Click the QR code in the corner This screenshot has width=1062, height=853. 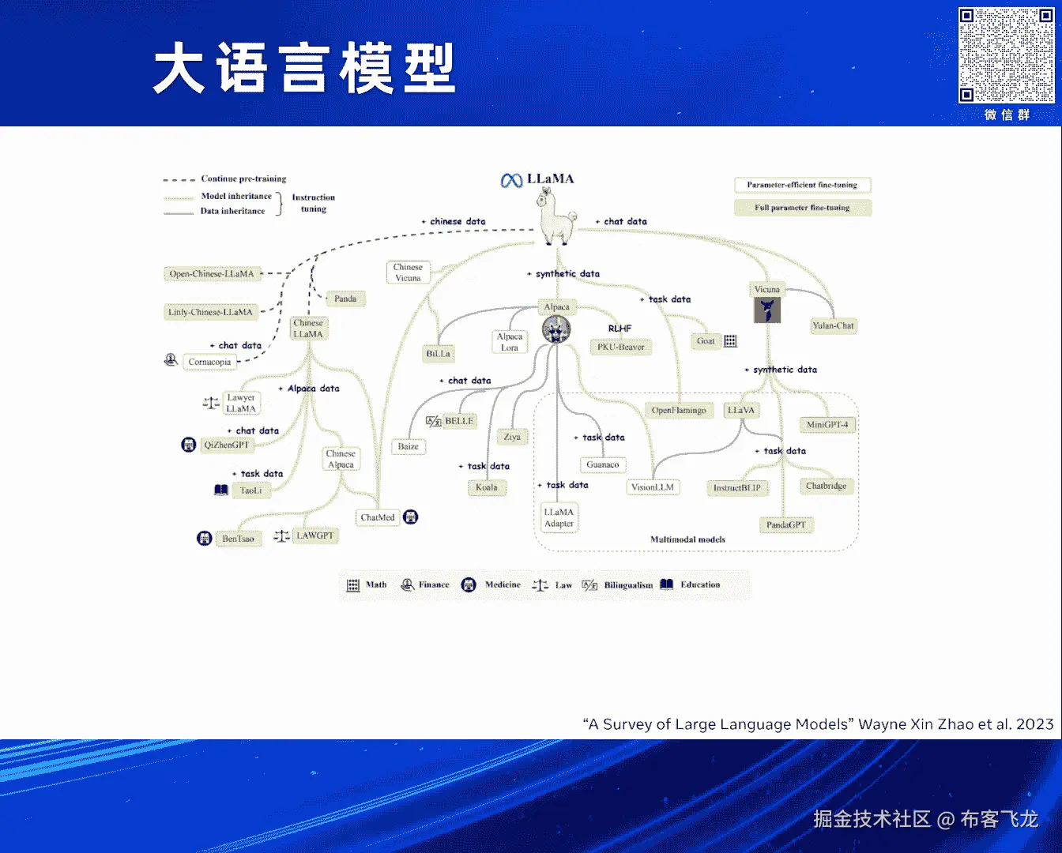coord(1006,55)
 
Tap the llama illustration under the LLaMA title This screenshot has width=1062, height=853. coord(558,220)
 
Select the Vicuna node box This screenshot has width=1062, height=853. coord(766,289)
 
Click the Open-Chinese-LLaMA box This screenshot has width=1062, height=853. coord(212,274)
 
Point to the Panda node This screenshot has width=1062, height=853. coord(345,299)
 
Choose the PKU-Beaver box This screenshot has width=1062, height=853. coord(620,347)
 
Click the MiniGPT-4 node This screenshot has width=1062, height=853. coord(827,425)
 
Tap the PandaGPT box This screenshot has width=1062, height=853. coord(785,524)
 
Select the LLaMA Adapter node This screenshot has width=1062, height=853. coord(559,517)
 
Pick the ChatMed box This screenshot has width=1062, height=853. coord(378,517)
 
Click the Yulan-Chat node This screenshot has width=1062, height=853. coord(833,325)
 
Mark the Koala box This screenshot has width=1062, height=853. coord(487,487)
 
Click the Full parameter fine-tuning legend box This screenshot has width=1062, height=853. coord(802,208)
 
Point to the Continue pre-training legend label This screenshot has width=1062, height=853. coord(243,178)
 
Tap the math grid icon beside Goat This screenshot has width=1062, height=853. coord(730,341)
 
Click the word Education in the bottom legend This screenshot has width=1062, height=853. coord(700,584)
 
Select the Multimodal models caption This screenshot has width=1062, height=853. coord(687,539)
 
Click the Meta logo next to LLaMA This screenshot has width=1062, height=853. coord(511,181)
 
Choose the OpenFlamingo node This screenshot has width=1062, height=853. coord(679,410)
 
